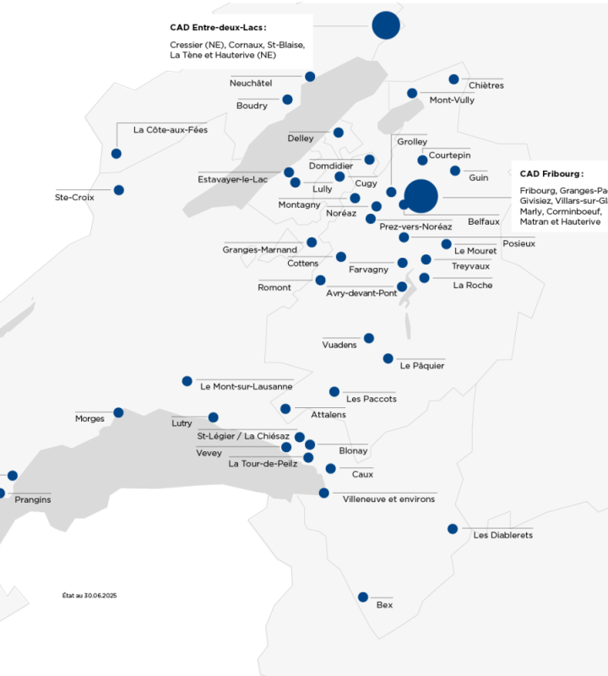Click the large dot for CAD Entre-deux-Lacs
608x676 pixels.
[385, 25]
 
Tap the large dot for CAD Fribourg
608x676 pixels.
[421, 197]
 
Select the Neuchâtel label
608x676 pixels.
[251, 83]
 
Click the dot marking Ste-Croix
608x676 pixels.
[119, 190]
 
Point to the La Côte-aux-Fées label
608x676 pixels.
[170, 129]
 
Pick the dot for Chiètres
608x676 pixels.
[453, 79]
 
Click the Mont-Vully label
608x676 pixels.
[452, 100]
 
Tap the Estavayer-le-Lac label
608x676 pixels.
[232, 179]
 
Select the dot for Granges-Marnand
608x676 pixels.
[312, 243]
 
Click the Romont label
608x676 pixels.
[274, 287]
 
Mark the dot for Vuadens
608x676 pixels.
[368, 338]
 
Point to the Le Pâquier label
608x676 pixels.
[422, 366]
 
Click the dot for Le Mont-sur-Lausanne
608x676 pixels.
[187, 381]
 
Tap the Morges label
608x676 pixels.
[90, 418]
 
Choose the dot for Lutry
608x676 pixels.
[214, 417]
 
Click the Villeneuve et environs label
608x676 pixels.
[388, 499]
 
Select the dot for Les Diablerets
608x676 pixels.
[453, 529]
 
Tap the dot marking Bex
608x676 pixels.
[363, 597]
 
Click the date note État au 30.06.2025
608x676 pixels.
[89, 596]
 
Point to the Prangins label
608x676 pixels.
[33, 499]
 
